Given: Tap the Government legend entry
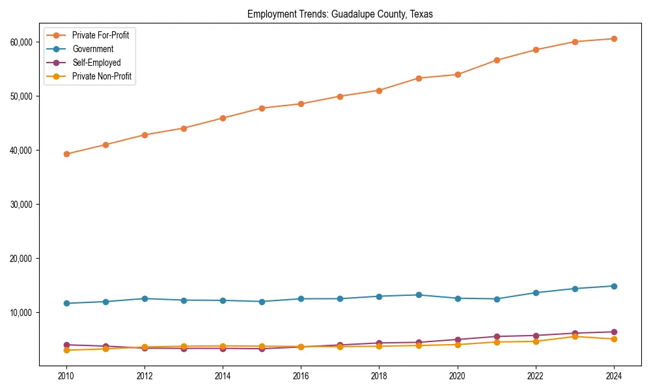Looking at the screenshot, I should pos(92,49).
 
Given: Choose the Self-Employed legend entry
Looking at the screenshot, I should pos(96,63).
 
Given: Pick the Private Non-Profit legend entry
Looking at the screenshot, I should pos(102,76).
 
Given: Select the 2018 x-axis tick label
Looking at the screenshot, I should pos(379,376).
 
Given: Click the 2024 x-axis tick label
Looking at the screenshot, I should pos(613,376).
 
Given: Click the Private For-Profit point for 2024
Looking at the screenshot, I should pos(613,38).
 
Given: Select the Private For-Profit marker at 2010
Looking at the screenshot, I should pos(66,154).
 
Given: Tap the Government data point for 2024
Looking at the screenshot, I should pos(613,286).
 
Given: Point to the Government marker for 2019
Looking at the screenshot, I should pos(418,295).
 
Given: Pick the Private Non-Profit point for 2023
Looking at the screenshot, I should pos(574,336).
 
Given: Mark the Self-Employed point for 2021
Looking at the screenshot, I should pos(496,337).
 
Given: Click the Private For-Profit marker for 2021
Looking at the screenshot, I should pos(496,60).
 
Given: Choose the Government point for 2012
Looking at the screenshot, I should pos(145,298).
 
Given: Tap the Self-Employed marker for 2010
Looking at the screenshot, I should pos(66,345).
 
